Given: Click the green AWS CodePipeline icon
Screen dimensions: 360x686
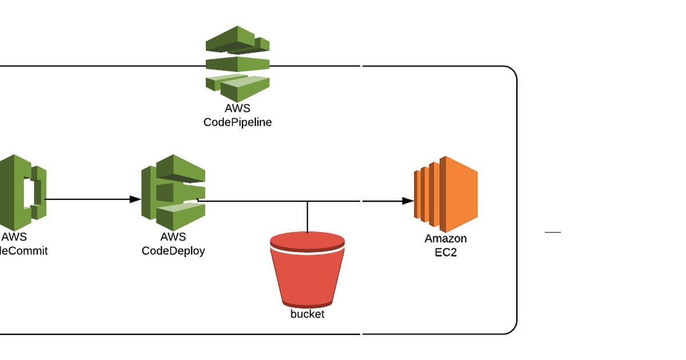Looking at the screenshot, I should [237, 63].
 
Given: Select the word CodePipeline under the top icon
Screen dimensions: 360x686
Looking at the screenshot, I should [237, 122].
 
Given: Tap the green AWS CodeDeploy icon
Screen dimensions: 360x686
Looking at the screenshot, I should [173, 188].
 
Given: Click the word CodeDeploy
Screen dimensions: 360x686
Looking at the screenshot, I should [173, 250].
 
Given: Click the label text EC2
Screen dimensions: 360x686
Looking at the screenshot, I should [445, 252].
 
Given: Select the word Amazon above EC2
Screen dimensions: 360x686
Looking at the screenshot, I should [445, 238].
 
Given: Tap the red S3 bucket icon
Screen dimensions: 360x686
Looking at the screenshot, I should [307, 271].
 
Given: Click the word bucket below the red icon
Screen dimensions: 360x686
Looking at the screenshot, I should [307, 314].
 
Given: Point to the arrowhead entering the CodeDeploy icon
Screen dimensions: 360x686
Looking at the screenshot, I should [135, 199].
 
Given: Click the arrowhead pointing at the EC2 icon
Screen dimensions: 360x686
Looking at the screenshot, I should [408, 201].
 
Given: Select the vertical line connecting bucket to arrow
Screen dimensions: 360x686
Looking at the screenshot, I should [308, 217].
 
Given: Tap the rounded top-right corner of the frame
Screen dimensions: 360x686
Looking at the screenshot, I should [512, 71].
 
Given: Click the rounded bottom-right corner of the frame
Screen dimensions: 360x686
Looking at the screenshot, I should [512, 329].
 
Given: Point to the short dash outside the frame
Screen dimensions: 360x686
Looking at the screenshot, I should [553, 233].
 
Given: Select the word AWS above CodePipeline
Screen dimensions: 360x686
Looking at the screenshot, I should [237, 108].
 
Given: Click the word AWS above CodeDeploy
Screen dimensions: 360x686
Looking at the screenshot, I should [173, 237].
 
